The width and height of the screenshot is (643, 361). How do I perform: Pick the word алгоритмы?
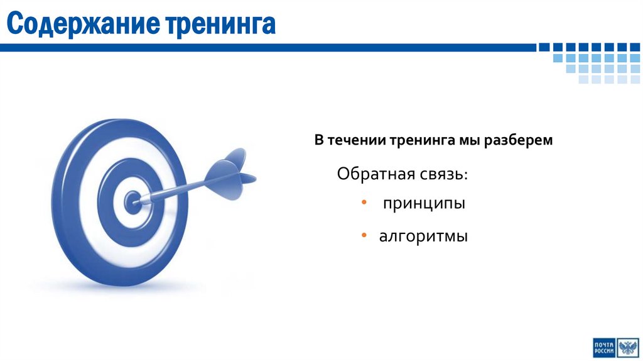pos(423,237)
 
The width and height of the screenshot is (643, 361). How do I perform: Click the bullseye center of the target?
pos(132,202)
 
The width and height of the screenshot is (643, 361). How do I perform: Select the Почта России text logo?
pos(603,347)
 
